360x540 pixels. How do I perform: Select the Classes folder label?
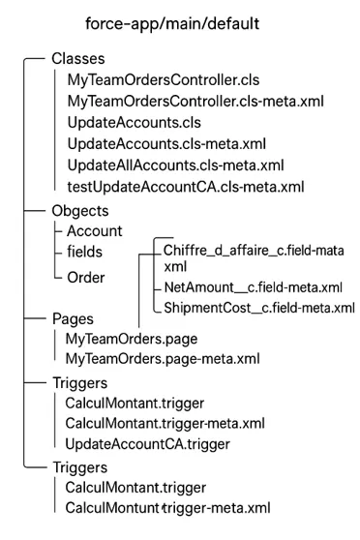(x=80, y=59)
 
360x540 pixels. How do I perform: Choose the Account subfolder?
(x=94, y=231)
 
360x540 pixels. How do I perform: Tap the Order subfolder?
(x=87, y=277)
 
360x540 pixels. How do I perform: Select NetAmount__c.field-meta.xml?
(x=253, y=287)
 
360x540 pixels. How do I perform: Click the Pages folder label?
(x=75, y=318)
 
